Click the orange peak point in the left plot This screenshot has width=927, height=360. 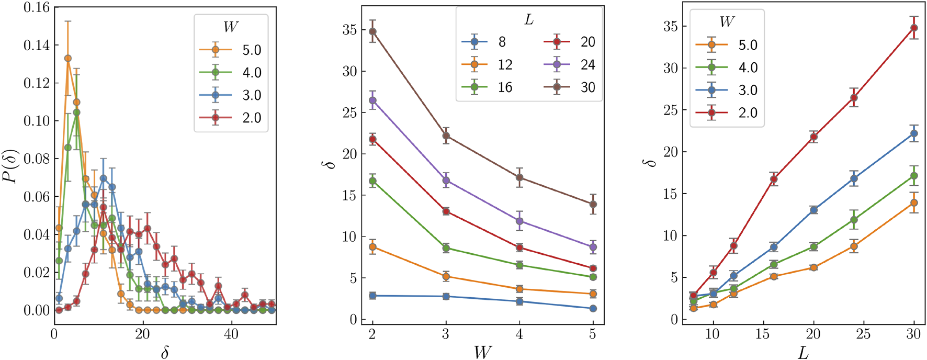[67, 59]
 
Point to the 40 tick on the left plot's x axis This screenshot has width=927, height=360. [231, 334]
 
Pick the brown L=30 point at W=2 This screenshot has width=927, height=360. [372, 31]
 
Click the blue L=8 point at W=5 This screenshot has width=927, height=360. [593, 309]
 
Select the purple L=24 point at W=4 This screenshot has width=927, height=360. [519, 221]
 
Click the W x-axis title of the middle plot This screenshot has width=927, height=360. [482, 352]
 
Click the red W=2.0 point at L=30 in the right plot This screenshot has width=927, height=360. [914, 28]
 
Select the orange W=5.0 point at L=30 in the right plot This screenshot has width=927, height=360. [914, 203]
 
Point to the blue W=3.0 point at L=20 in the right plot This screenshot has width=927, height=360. [813, 210]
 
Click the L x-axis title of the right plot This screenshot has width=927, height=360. [803, 353]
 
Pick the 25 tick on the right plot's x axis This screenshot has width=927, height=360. [864, 334]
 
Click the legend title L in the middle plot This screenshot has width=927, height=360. [529, 19]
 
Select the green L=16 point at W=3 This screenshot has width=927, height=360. [446, 248]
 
